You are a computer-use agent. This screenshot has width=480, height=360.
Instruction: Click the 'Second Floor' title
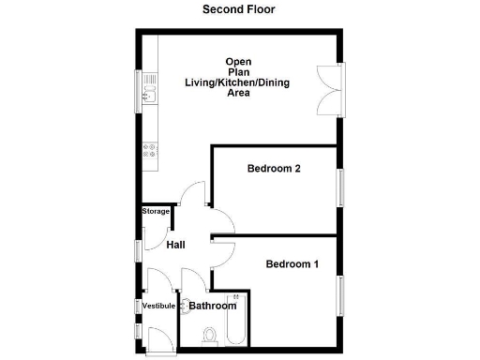(x=239, y=9)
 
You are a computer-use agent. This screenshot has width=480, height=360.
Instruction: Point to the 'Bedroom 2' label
(x=273, y=170)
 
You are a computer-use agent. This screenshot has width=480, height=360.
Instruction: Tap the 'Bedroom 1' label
(x=292, y=264)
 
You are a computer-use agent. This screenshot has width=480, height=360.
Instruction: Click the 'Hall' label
(x=175, y=246)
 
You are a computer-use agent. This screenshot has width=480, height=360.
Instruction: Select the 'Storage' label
(x=156, y=212)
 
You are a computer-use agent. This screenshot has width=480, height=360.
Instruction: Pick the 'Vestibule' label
(x=158, y=307)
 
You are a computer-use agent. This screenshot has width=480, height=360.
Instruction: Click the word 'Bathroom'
(x=213, y=306)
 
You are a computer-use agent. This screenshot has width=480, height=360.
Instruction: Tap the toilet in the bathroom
(x=210, y=334)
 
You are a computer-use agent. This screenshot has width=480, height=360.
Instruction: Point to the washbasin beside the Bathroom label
(x=182, y=305)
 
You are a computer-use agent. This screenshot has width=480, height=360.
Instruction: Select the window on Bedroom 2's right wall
(x=342, y=184)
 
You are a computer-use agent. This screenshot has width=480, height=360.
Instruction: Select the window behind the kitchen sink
(x=139, y=90)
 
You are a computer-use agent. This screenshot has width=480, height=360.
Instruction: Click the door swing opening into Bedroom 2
(x=221, y=220)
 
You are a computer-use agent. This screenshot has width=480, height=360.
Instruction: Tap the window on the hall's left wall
(x=139, y=250)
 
